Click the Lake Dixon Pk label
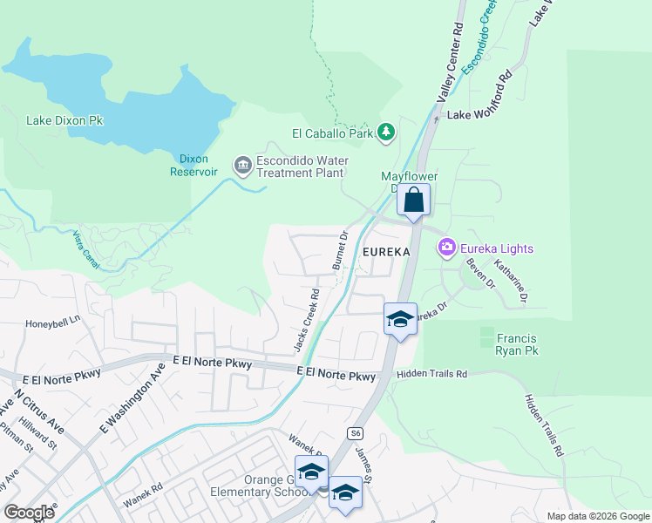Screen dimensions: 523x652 tap(65, 119)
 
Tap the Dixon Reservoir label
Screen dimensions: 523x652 tap(193, 165)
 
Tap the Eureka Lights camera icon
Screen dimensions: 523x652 tap(448, 248)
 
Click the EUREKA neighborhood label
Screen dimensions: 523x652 tap(385, 251)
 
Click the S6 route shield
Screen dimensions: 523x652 tap(354, 432)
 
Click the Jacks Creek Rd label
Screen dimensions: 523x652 tap(306, 320)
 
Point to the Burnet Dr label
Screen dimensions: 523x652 tap(339, 249)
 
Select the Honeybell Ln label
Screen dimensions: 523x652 tap(52, 320)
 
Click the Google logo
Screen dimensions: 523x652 tap(31, 513)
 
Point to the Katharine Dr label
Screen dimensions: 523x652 tap(512, 281)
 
